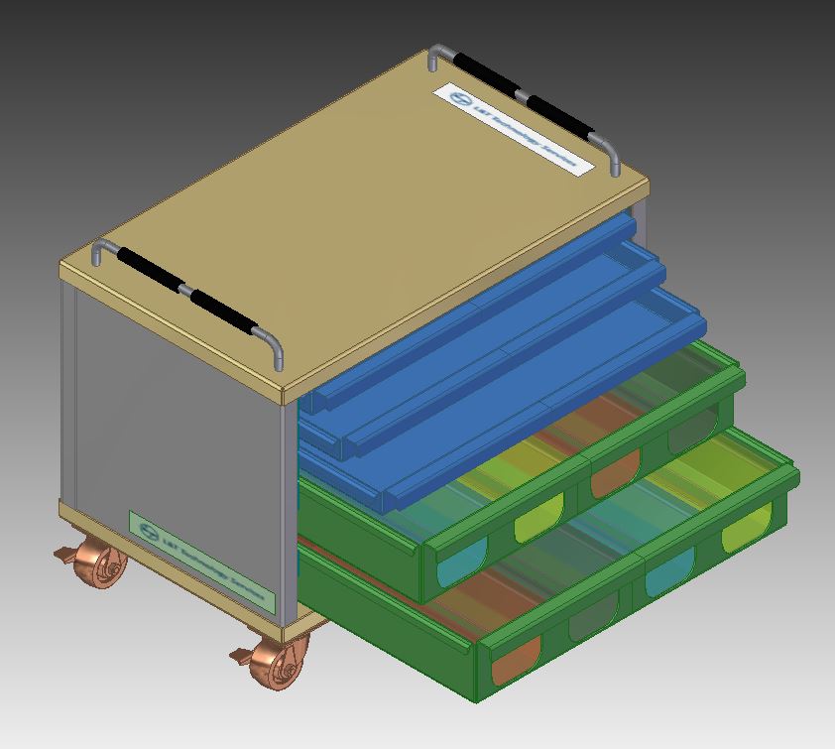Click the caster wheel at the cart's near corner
click(282, 663)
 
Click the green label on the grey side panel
click(201, 561)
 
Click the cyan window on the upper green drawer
click(458, 562)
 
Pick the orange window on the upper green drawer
click(615, 477)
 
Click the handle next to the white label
click(526, 98)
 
